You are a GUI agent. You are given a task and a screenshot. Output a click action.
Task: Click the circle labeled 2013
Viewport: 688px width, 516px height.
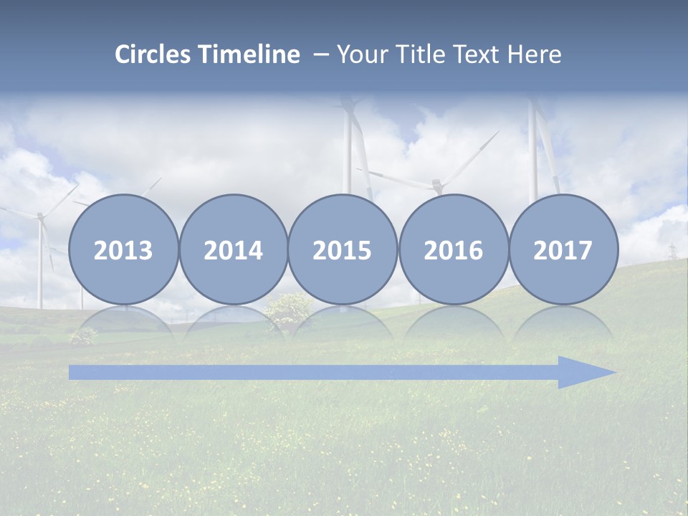point(123,249)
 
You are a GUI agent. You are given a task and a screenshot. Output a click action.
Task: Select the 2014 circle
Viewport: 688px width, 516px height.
point(233,249)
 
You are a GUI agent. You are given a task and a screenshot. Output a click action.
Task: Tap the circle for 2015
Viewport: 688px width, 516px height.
point(343,249)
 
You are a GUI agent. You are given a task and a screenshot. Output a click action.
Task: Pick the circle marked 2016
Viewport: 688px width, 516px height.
point(453,249)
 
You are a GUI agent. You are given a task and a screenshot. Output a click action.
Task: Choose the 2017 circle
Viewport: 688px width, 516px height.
point(563,249)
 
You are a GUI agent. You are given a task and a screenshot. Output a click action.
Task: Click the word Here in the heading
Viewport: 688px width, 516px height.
point(535,54)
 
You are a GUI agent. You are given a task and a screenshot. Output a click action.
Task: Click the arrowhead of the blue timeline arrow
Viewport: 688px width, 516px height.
point(586,372)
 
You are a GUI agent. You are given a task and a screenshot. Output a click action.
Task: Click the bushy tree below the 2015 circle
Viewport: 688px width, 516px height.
point(289,308)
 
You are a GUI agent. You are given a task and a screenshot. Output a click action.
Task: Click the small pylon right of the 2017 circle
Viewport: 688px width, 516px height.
point(672,252)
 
